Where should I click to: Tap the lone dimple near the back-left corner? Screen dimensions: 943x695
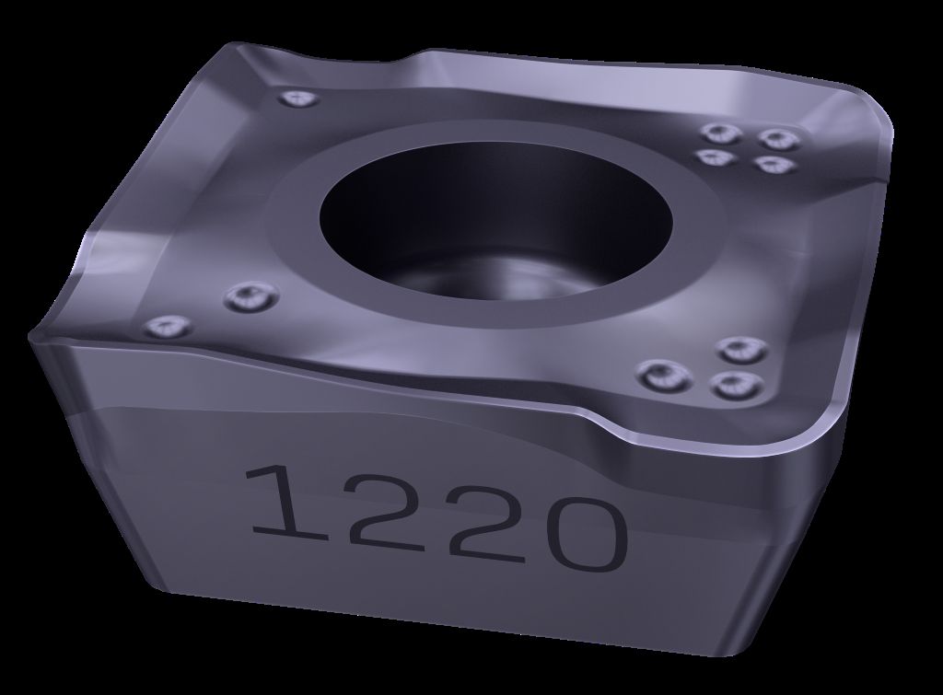pyautogui.click(x=299, y=98)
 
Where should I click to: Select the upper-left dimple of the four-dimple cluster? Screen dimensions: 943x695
pyautogui.click(x=721, y=133)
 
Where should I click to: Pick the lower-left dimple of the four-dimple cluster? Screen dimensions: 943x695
pyautogui.click(x=716, y=156)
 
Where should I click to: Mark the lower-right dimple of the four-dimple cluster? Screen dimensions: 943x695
pyautogui.click(x=774, y=164)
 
